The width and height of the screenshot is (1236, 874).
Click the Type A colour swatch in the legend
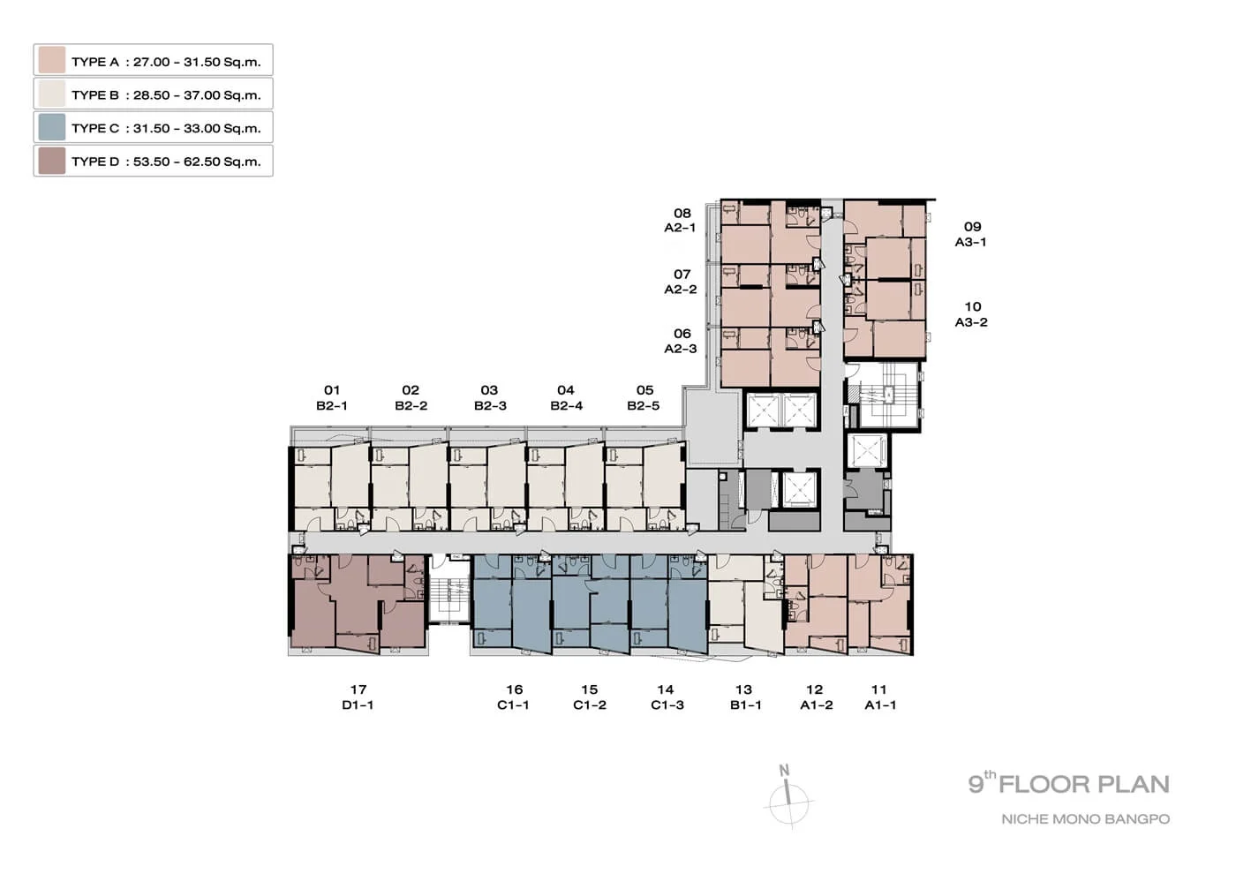click(52, 60)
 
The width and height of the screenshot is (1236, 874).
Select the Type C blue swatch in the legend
click(52, 127)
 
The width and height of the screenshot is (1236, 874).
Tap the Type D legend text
click(166, 162)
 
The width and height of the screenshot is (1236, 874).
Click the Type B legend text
click(166, 95)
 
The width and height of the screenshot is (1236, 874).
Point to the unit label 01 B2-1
click(332, 398)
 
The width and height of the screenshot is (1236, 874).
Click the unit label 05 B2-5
click(644, 398)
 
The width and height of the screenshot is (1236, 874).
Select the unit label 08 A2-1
click(681, 220)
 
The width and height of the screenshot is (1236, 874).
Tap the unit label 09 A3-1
click(971, 234)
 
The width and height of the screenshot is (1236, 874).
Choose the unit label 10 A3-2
click(972, 314)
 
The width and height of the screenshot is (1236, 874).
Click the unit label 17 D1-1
click(358, 697)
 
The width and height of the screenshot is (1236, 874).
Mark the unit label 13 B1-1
click(745, 697)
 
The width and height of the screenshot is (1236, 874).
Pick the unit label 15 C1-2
click(590, 697)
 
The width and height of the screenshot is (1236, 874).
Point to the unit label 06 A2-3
click(681, 341)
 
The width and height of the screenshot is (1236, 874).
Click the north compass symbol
click(789, 798)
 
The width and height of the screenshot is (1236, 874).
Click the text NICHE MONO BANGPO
click(1085, 819)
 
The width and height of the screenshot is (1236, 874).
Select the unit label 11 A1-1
click(880, 697)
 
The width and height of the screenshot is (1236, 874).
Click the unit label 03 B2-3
click(490, 398)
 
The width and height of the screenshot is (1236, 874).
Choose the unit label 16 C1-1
click(514, 697)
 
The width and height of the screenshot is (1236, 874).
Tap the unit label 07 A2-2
click(681, 282)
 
